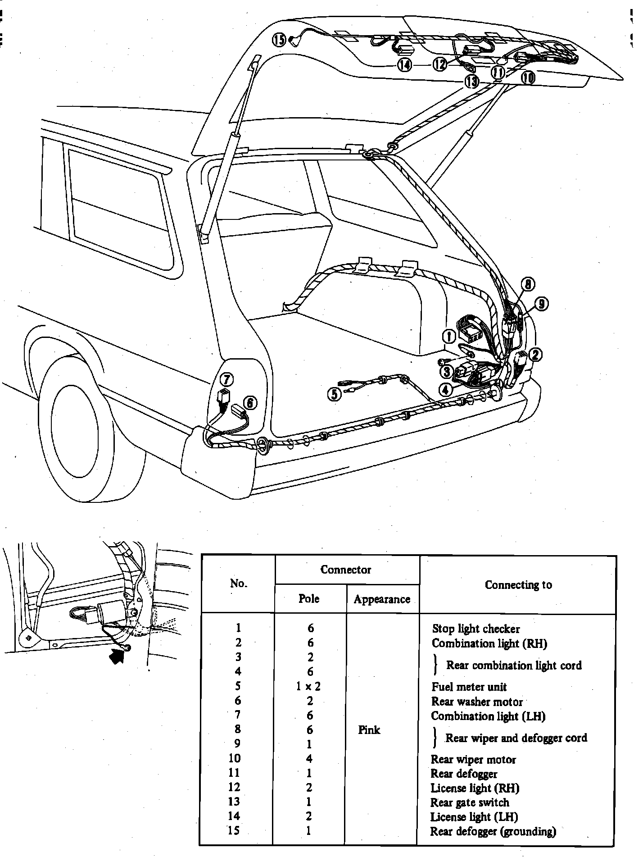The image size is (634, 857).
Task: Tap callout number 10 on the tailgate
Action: coord(528,78)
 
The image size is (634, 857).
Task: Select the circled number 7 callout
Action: coord(226,379)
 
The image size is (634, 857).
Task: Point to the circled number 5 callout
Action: coord(334,394)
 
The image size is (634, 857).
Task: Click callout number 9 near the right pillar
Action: coord(541,304)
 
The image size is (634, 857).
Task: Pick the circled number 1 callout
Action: coord(448,335)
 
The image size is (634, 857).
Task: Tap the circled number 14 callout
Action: coord(404,65)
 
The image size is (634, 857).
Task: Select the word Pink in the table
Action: coord(369,730)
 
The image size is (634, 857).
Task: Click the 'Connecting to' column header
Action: coord(518,585)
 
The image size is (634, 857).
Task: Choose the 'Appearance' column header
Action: coord(382,599)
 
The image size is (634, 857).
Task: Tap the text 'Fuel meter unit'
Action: coord(469,687)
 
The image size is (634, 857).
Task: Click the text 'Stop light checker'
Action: coord(475,629)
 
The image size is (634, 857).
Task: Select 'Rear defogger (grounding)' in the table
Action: coord(493,831)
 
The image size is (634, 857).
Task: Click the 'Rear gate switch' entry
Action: coord(470,802)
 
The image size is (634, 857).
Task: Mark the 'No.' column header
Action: coord(238,583)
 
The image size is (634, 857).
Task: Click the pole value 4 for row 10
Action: coord(309,759)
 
